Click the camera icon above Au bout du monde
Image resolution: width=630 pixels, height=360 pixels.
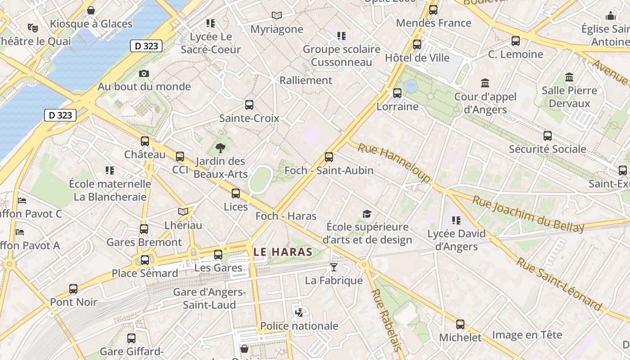144,73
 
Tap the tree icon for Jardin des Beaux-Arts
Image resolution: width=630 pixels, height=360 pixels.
220,148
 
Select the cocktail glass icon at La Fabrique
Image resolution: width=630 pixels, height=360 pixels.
333,267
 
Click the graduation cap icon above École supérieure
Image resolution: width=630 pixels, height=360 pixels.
367,214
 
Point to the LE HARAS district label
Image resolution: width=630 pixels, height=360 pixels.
283,252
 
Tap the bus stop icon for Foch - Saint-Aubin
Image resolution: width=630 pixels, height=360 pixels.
329,157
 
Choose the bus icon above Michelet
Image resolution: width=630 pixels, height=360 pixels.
460,324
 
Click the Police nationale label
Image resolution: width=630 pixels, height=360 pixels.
299,326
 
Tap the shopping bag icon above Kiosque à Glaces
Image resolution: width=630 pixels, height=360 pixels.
91,10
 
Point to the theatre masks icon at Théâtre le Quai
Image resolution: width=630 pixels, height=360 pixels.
32,28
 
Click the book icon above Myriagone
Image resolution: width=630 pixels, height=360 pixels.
277,16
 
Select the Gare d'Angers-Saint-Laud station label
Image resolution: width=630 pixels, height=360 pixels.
209,298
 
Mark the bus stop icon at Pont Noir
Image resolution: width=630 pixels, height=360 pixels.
73,289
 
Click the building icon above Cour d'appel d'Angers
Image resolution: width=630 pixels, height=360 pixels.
485,83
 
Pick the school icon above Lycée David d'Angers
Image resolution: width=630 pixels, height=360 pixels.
456,220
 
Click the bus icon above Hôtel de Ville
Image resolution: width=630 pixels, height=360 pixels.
417,45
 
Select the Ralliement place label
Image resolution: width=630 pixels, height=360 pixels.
306,81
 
